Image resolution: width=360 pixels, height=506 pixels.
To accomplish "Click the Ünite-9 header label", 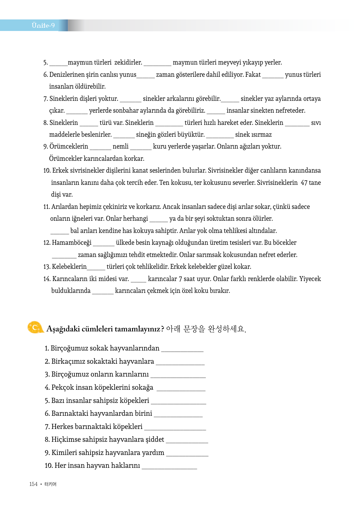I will coord(43,25).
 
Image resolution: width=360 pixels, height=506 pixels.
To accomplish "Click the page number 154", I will coord(33,484).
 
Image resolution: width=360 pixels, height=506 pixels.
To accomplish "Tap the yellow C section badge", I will coord(35,327).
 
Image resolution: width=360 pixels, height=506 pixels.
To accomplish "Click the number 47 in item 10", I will coord(304,183).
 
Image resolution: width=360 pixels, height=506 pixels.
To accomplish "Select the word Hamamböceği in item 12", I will coord(72,243).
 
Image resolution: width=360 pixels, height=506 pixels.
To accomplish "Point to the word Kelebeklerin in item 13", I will coord(69,267).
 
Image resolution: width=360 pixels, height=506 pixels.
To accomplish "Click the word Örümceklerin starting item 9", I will coord(69,146).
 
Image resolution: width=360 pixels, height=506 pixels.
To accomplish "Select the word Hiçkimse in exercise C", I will coord(66,439).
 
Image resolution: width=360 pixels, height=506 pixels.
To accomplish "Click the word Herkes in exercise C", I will coord(62,427).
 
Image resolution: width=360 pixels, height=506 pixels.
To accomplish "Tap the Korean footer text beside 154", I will coord(50,484).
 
